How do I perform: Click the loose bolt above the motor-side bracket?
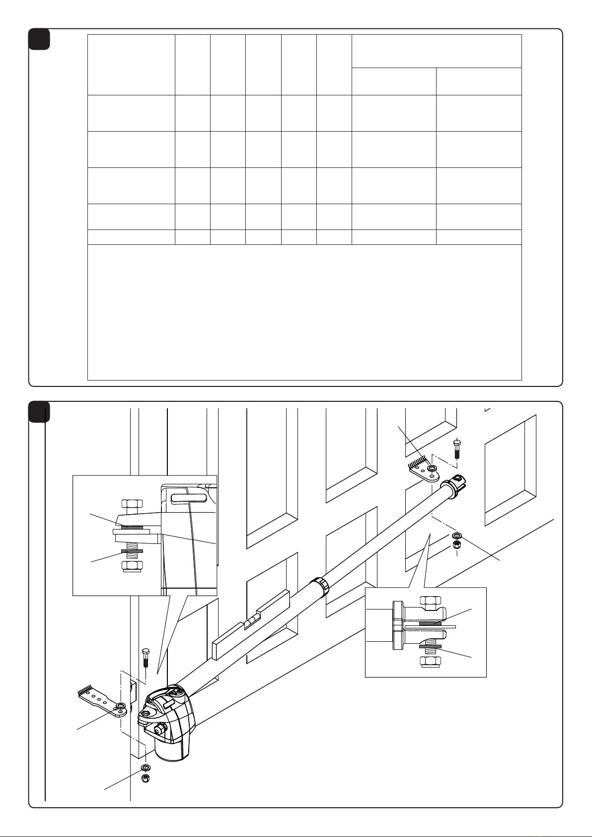(146, 658)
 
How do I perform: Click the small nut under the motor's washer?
(146, 777)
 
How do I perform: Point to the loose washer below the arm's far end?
(457, 536)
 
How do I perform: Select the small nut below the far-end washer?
(457, 545)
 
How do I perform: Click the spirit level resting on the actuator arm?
(251, 624)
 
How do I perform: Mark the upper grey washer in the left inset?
(132, 527)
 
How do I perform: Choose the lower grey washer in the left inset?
(132, 551)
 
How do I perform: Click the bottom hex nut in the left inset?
(132, 566)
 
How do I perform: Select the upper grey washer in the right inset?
(430, 623)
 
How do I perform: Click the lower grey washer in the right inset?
(430, 647)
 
